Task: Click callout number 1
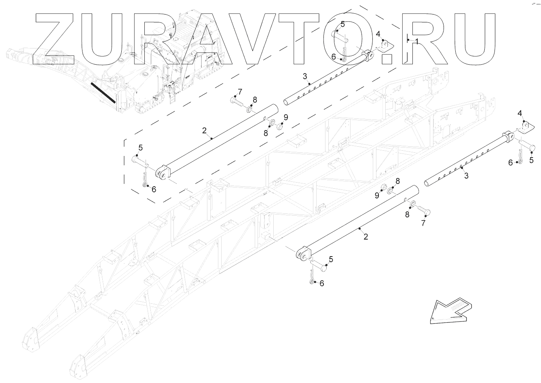[416, 41]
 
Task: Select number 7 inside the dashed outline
[239, 91]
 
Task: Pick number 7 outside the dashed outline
[423, 223]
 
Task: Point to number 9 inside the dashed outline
[286, 118]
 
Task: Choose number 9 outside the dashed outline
[376, 196]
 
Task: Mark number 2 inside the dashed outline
[205, 130]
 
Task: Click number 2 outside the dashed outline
[366, 237]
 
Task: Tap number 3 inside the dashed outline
[304, 76]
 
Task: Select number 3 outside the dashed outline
[466, 176]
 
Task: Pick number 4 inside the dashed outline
[378, 34]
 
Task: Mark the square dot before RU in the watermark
[387, 58]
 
